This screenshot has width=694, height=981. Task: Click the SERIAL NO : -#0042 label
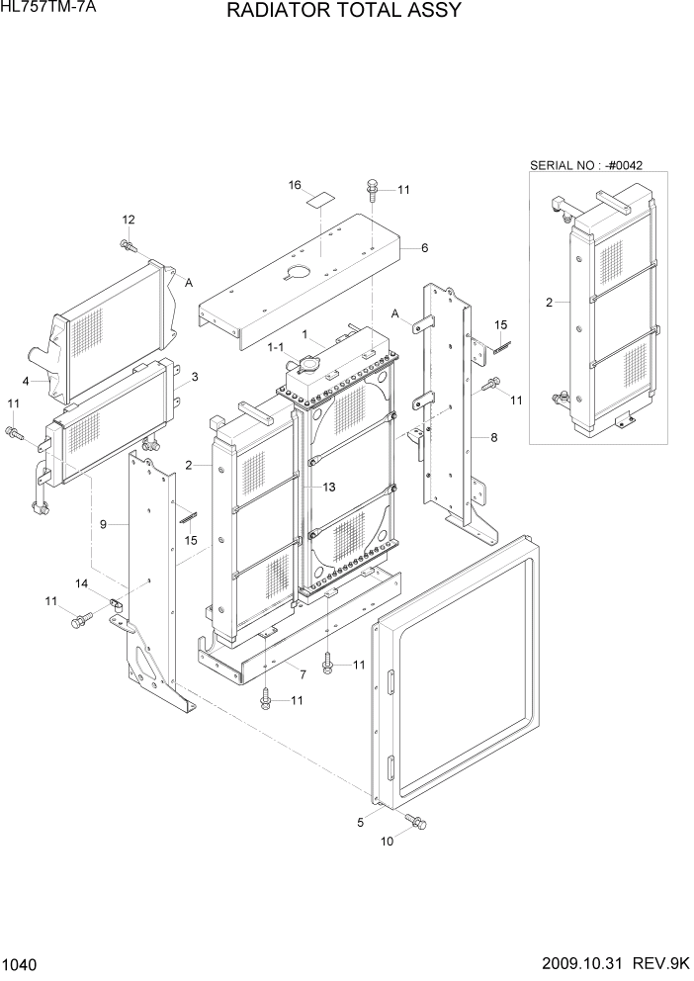[586, 164]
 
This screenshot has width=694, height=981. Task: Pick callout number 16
[295, 185]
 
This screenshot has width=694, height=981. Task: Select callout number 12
[128, 219]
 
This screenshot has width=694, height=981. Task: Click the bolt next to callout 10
[414, 820]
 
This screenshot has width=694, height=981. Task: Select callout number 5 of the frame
[361, 820]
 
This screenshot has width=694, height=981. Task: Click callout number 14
[83, 584]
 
